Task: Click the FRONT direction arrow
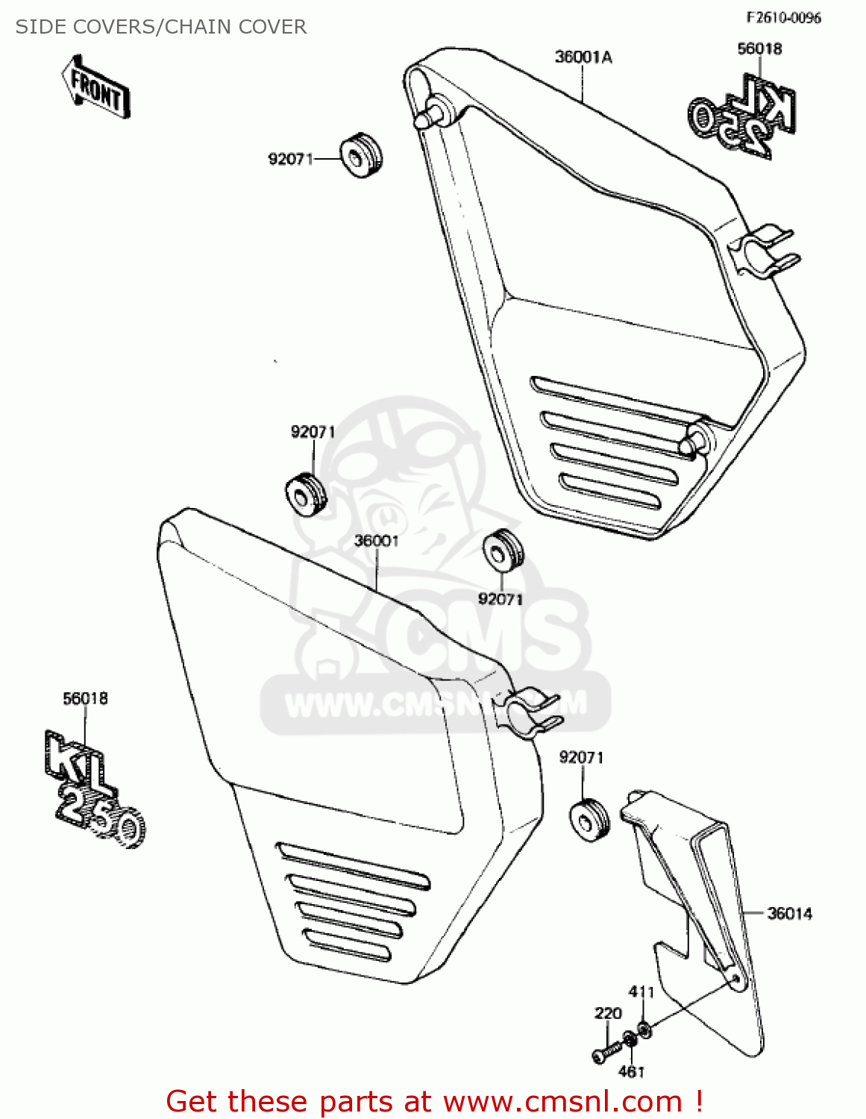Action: click(95, 87)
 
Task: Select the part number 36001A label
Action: click(583, 57)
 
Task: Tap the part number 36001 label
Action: click(376, 541)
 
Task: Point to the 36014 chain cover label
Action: click(789, 913)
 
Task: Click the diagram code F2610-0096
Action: click(783, 18)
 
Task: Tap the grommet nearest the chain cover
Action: click(590, 820)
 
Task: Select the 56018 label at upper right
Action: click(759, 49)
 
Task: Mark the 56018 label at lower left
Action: click(85, 699)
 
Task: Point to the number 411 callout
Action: click(641, 992)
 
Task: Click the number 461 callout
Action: click(631, 1072)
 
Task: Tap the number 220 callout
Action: click(608, 1013)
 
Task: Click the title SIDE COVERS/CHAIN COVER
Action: click(161, 27)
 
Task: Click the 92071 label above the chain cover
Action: click(581, 758)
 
